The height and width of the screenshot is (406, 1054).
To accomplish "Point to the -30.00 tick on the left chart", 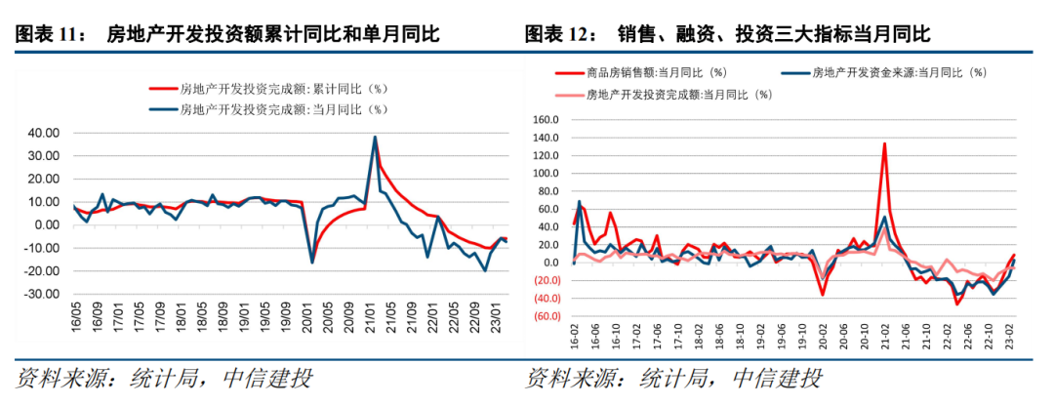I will click(x=44, y=294).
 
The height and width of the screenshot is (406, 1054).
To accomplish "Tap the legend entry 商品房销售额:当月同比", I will click(x=654, y=72).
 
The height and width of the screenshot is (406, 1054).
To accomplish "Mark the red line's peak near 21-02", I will click(x=884, y=143).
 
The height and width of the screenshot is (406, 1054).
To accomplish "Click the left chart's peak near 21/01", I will click(x=376, y=138).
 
